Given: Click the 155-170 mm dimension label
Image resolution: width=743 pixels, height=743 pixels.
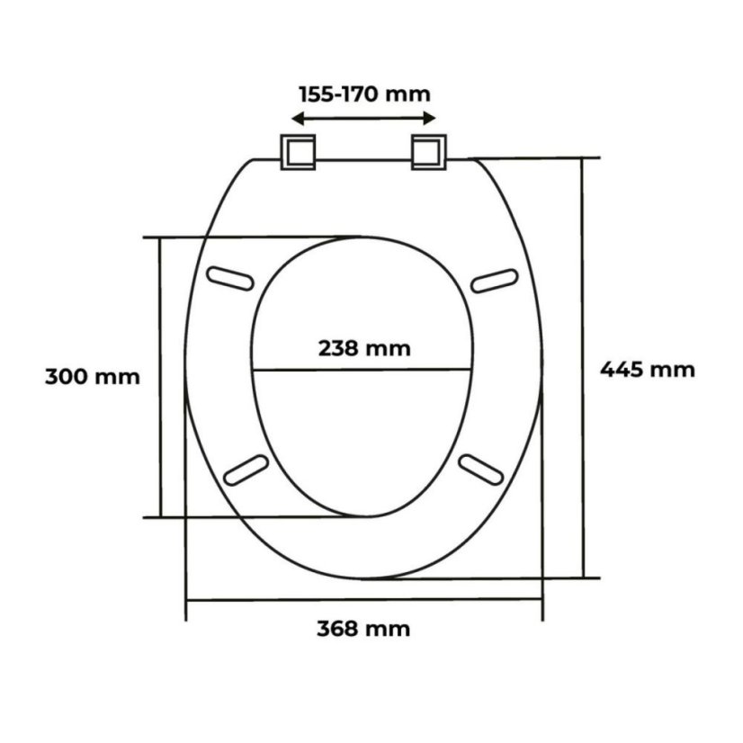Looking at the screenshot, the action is pyautogui.click(x=364, y=94).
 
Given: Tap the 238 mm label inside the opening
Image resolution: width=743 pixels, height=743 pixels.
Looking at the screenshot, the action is pyautogui.click(x=364, y=349).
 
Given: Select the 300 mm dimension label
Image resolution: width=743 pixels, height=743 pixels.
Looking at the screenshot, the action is pyautogui.click(x=93, y=377).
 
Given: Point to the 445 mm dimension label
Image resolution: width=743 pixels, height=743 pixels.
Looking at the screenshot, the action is pyautogui.click(x=648, y=370).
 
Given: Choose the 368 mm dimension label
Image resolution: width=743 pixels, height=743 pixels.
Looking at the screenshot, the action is pyautogui.click(x=363, y=630).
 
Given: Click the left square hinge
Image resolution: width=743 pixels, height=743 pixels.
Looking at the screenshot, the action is pyautogui.click(x=298, y=152).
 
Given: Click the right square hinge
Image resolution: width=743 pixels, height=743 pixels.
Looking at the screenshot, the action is pyautogui.click(x=428, y=152).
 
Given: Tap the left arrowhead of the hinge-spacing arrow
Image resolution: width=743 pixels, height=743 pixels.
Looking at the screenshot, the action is pyautogui.click(x=297, y=119).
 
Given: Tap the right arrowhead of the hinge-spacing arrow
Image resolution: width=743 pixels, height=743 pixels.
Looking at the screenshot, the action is pyautogui.click(x=429, y=119).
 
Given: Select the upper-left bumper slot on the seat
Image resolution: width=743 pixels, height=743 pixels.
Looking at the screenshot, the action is pyautogui.click(x=230, y=279).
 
